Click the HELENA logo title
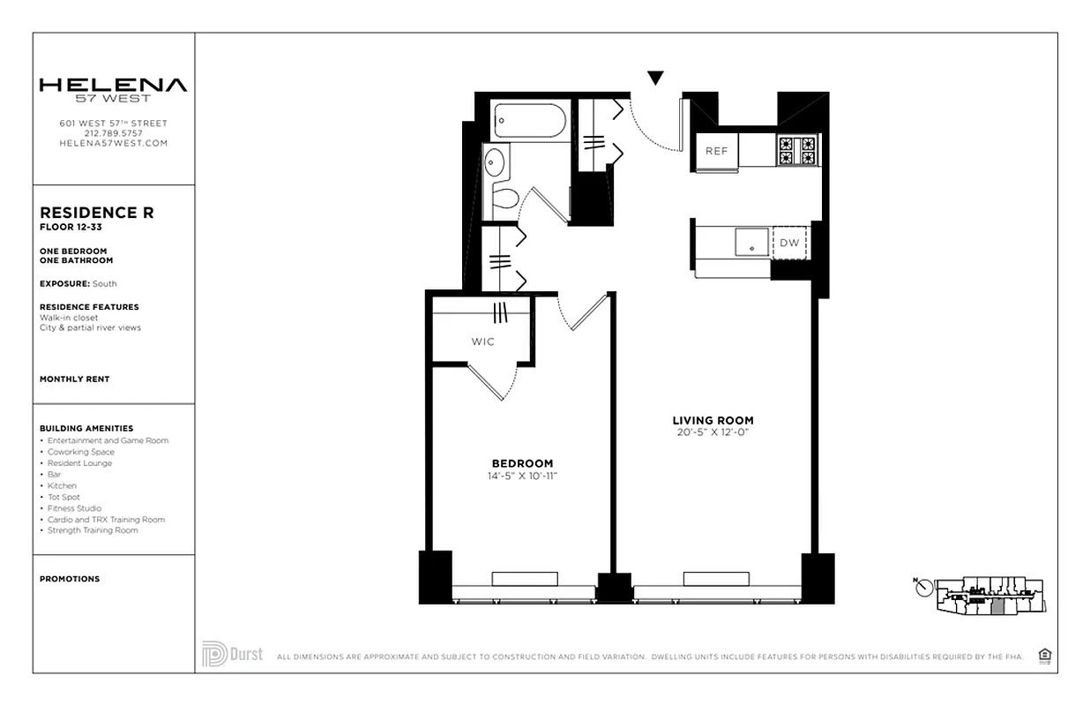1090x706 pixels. click(x=113, y=86)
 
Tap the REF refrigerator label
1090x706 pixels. click(x=716, y=151)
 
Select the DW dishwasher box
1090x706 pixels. click(x=790, y=243)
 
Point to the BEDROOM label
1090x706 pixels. click(x=522, y=463)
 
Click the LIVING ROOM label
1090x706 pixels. click(x=713, y=420)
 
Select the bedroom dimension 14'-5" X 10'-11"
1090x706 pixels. click(x=522, y=477)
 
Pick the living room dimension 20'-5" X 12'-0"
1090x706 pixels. click(x=713, y=432)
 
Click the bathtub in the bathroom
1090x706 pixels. click(x=529, y=121)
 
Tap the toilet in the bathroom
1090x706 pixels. click(x=504, y=197)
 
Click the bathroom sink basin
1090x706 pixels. click(x=494, y=161)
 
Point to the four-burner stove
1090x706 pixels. click(x=797, y=150)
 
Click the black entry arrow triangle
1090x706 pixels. click(x=655, y=78)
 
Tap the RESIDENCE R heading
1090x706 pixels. click(x=97, y=213)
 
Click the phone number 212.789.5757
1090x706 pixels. click(x=113, y=133)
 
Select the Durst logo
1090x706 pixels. click(x=232, y=654)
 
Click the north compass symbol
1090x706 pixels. click(x=923, y=588)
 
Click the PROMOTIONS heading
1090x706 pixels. click(x=70, y=579)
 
